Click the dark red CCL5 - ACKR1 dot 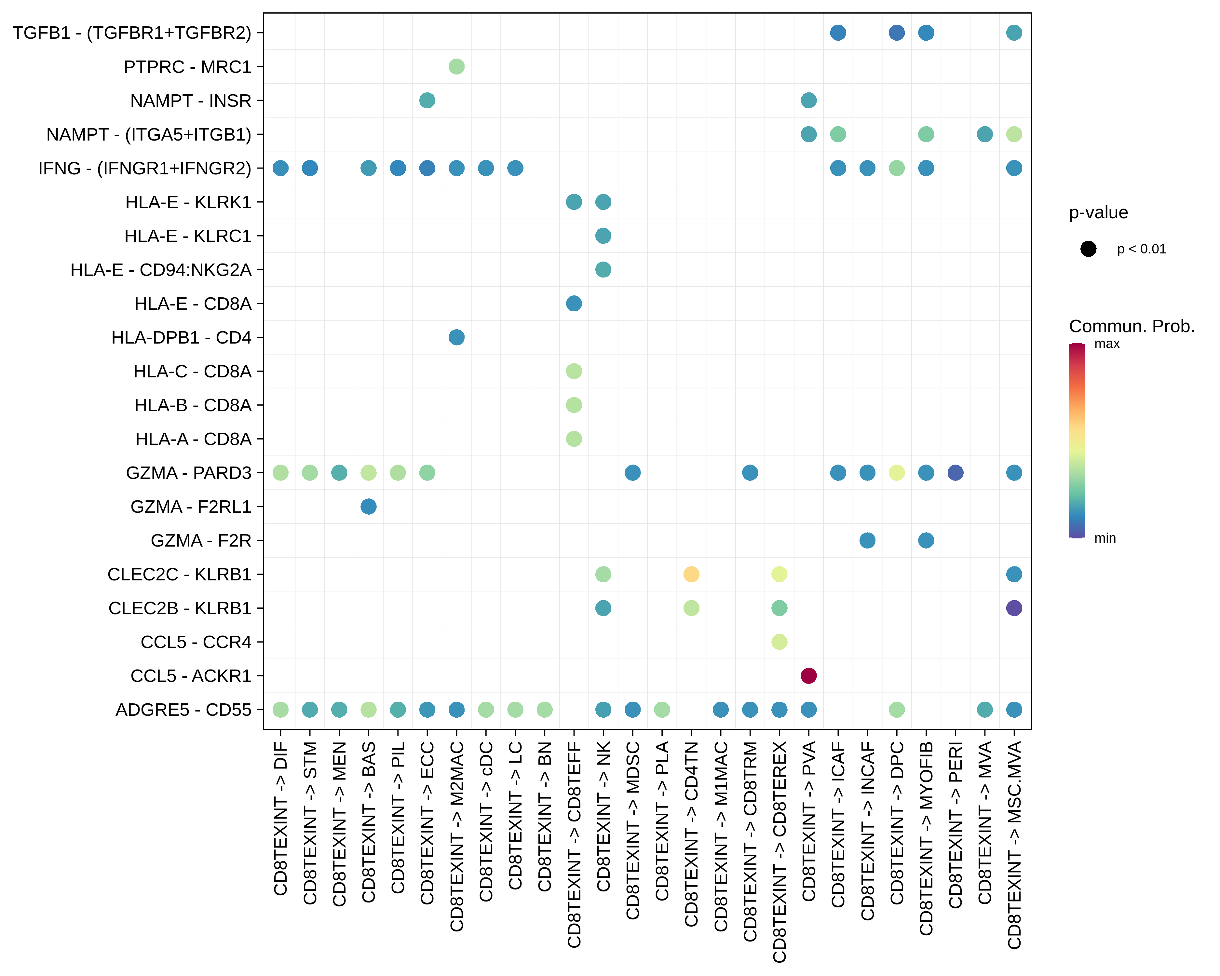pyautogui.click(x=809, y=676)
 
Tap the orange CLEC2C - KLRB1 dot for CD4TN pyautogui.click(x=691, y=574)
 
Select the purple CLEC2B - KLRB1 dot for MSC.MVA pyautogui.click(x=1014, y=608)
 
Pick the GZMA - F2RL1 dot pyautogui.click(x=368, y=507)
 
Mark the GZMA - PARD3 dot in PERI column pyautogui.click(x=955, y=472)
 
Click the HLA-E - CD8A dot pyautogui.click(x=574, y=303)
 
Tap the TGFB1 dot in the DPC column pyautogui.click(x=896, y=33)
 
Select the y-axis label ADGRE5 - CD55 pyautogui.click(x=183, y=710)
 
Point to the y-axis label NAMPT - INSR pyautogui.click(x=191, y=101)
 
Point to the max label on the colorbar pyautogui.click(x=1107, y=344)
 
